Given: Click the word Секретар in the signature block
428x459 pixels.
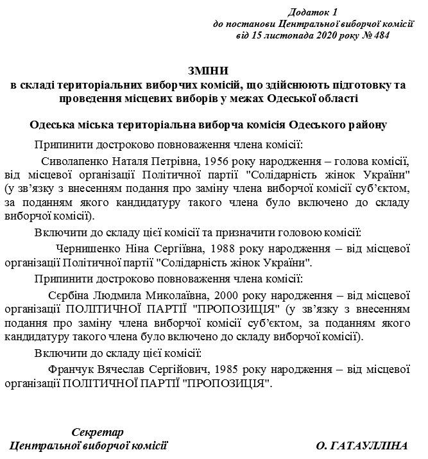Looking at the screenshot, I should click(x=98, y=431).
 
